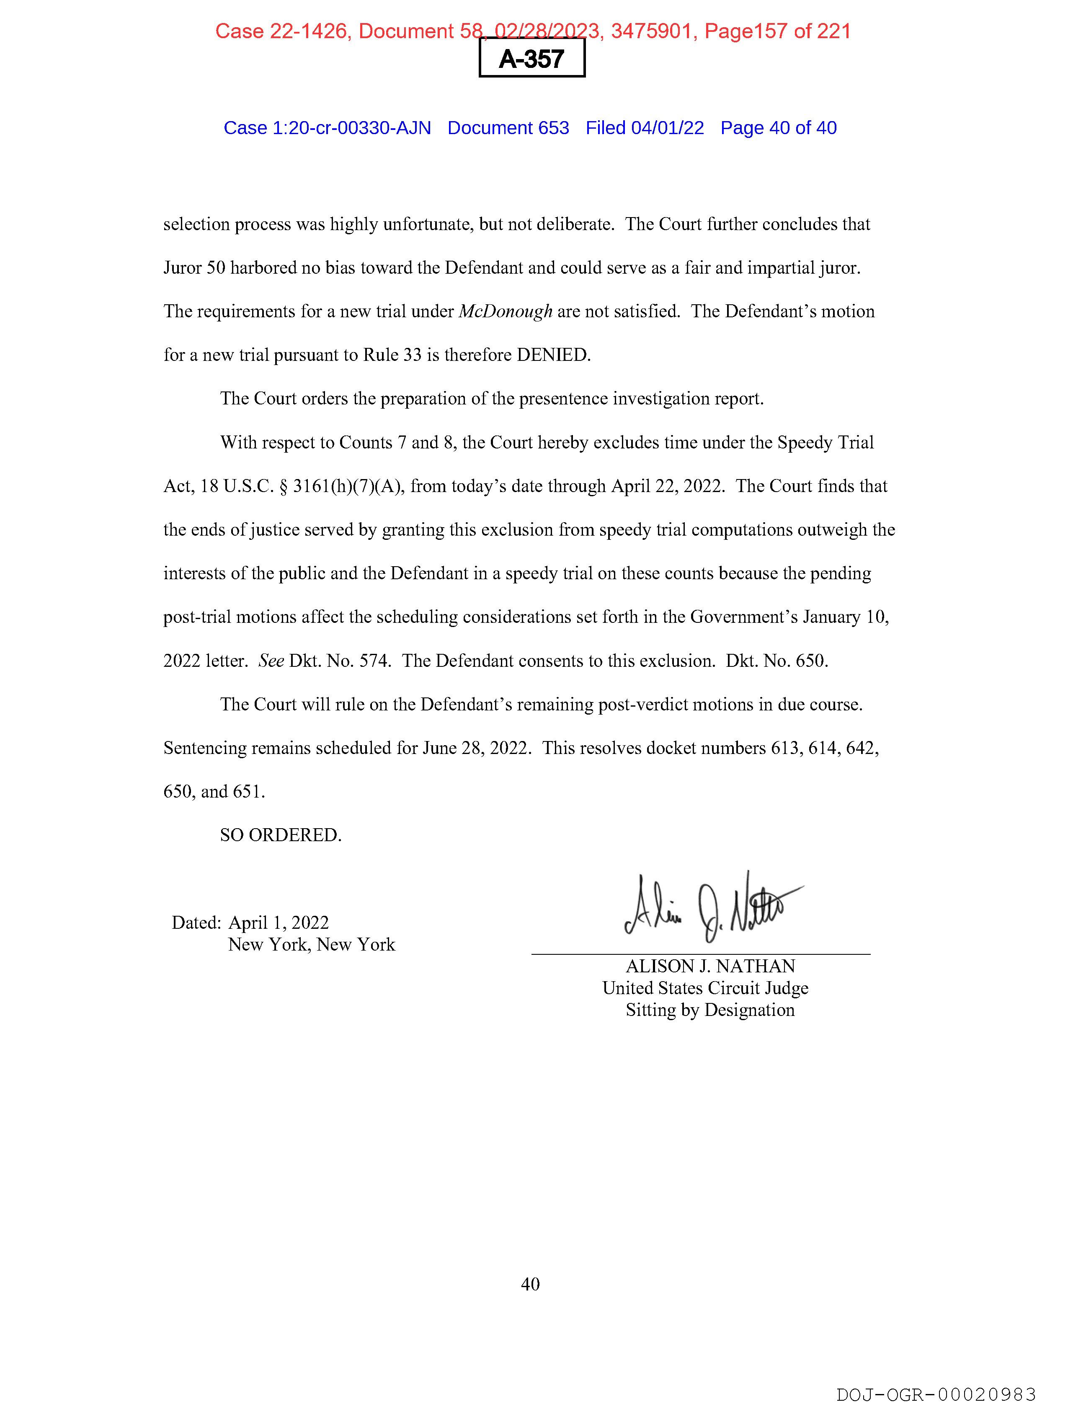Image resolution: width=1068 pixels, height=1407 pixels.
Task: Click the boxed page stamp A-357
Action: (531, 59)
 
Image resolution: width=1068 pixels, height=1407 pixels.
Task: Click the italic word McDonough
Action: (506, 312)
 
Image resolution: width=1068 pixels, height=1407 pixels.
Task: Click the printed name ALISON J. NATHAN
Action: (710, 966)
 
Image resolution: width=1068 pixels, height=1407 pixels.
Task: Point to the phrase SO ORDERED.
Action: (280, 835)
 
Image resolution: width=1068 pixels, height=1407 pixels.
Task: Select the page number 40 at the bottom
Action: (530, 1284)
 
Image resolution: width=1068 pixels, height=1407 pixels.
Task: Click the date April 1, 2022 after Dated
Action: (279, 923)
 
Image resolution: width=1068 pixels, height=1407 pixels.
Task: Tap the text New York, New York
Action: (312, 945)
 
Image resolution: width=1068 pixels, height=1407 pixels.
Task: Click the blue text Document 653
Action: (508, 128)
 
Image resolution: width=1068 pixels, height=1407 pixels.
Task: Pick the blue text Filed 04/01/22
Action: (645, 128)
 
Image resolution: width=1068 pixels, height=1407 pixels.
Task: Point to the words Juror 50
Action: (194, 268)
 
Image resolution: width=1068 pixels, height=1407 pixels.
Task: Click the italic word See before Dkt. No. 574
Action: (271, 661)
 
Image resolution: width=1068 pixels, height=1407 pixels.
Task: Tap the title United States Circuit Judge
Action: (705, 988)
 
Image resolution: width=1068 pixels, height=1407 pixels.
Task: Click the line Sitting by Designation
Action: (710, 1010)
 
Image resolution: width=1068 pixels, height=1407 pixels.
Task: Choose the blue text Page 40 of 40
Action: (778, 128)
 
